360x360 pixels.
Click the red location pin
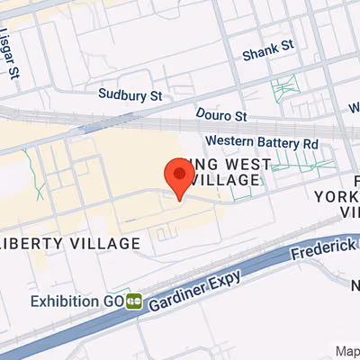click(x=181, y=175)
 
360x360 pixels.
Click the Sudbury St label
click(x=130, y=93)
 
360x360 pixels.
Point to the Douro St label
click(x=220, y=115)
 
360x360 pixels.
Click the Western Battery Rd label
click(x=262, y=142)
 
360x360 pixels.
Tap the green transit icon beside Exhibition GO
click(x=134, y=300)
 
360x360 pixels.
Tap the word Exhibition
click(x=65, y=300)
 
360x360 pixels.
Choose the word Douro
click(x=212, y=115)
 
